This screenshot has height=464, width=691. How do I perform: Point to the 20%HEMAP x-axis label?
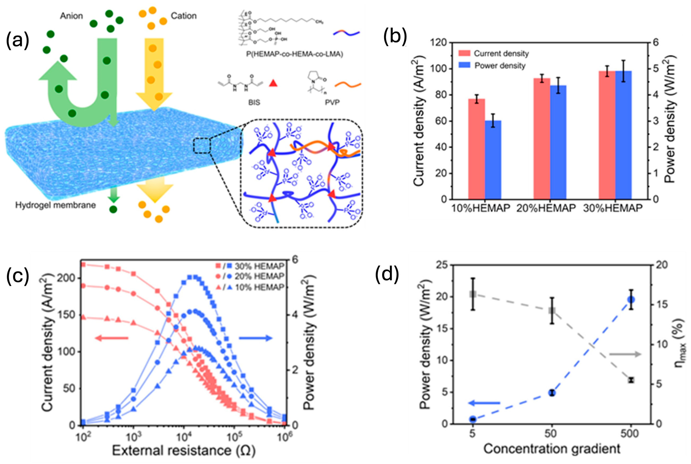tap(546, 208)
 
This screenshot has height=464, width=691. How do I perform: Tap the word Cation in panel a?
tap(183, 16)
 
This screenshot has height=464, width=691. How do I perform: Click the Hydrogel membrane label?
tap(56, 205)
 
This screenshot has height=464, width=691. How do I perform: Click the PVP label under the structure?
tap(332, 102)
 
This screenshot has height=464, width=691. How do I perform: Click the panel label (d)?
tap(387, 274)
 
